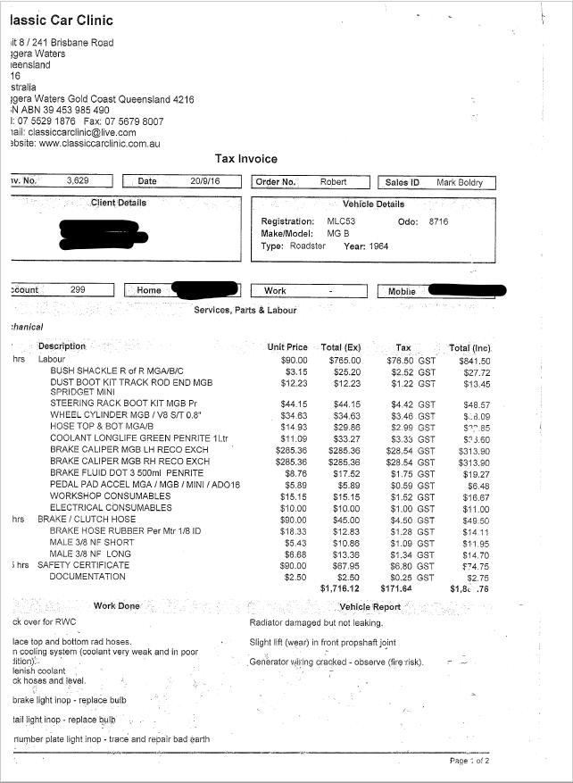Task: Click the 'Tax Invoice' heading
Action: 245,159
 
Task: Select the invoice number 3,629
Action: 78,181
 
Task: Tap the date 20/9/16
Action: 204,181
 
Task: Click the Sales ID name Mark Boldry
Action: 460,182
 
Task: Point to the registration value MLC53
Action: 341,221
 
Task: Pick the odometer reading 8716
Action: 438,221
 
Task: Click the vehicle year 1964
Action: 378,246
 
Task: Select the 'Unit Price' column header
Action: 286,347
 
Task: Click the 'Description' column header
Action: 62,346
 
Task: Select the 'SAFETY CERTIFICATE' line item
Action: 83,565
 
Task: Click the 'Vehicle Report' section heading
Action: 370,606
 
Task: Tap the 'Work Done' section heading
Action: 117,606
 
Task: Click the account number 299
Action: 78,289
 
